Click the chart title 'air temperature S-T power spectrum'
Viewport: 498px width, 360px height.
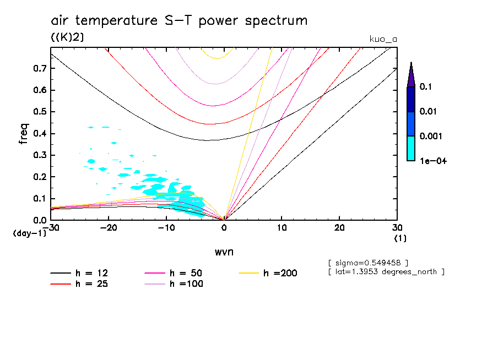click(x=179, y=21)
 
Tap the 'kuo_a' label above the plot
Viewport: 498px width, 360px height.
click(x=383, y=39)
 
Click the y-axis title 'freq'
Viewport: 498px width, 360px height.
click(x=24, y=134)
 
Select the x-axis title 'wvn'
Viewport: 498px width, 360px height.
click(x=224, y=252)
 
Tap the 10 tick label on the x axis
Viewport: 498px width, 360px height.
click(x=282, y=228)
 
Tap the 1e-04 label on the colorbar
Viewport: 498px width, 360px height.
click(x=431, y=161)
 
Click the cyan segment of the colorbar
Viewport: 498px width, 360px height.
click(x=410, y=148)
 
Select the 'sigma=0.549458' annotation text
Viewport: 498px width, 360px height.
click(x=367, y=262)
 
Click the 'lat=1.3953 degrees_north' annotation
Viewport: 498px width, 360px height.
click(x=386, y=271)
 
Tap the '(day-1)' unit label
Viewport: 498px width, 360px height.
click(x=29, y=233)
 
